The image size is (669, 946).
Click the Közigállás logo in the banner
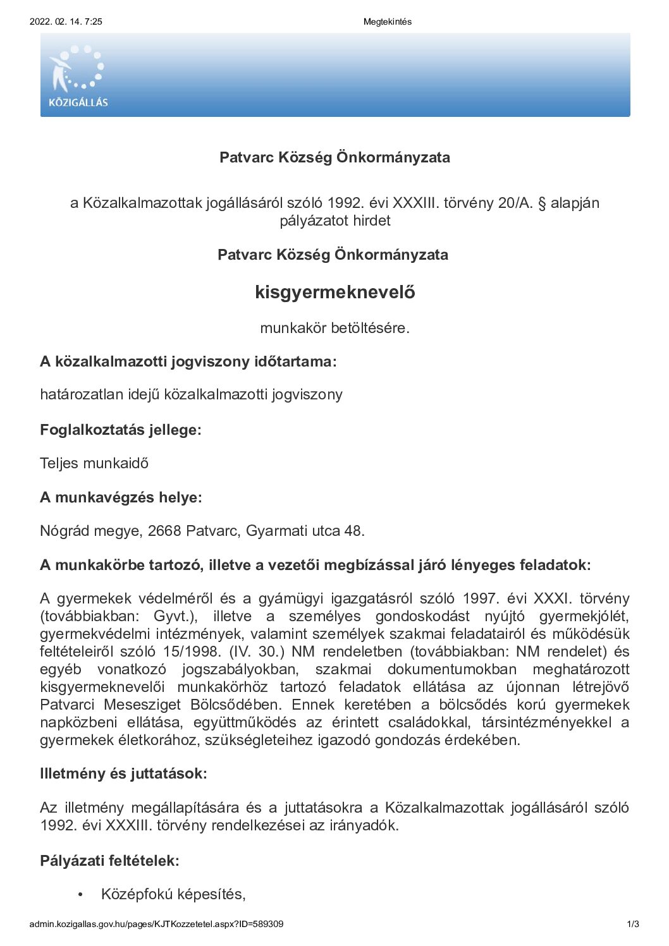77,76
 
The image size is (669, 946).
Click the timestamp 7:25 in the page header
93,21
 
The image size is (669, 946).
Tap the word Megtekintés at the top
387,21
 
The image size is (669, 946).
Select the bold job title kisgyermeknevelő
334,292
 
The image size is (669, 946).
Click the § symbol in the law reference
541,203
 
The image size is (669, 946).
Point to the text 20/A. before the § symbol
515,203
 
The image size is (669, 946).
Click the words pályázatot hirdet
334,221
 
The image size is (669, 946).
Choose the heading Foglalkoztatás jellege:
120,430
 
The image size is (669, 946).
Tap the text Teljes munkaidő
94,463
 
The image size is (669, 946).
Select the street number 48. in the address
354,531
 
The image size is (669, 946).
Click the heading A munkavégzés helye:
121,497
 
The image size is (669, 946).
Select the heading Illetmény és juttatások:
123,773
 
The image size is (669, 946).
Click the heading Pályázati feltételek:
109,860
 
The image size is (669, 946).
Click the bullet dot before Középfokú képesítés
80,895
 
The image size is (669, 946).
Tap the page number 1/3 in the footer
633,924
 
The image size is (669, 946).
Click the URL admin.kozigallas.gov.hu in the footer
156,924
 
